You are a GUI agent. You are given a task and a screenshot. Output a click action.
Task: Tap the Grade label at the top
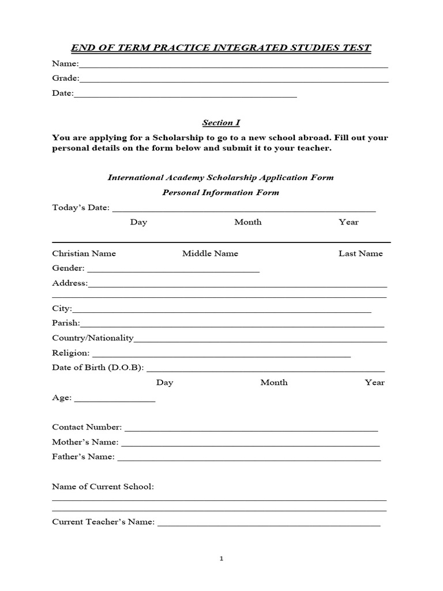tap(65, 78)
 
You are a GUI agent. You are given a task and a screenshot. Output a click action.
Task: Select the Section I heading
tap(221, 122)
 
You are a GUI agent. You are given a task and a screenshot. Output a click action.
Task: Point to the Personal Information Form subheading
tap(221, 192)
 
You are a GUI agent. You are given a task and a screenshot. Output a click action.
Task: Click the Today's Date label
tap(80, 208)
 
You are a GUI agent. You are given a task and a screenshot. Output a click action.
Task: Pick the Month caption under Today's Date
tap(247, 222)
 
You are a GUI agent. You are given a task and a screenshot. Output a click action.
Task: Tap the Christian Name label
tap(84, 253)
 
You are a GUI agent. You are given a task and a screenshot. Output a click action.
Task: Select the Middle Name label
tap(210, 253)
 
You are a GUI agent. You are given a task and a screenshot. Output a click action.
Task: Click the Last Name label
tap(361, 253)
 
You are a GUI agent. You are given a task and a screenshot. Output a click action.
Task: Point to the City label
tap(61, 309)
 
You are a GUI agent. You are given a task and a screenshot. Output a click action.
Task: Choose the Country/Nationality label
tap(92, 338)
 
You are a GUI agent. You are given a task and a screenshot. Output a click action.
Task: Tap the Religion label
tap(70, 353)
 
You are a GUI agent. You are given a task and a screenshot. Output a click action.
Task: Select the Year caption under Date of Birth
tap(374, 383)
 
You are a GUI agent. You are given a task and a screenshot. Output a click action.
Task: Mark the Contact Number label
tap(87, 427)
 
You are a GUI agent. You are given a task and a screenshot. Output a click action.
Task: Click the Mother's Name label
tap(85, 442)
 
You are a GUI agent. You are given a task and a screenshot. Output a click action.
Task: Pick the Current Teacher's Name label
tap(103, 522)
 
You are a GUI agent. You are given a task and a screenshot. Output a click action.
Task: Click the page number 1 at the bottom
tap(221, 559)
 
